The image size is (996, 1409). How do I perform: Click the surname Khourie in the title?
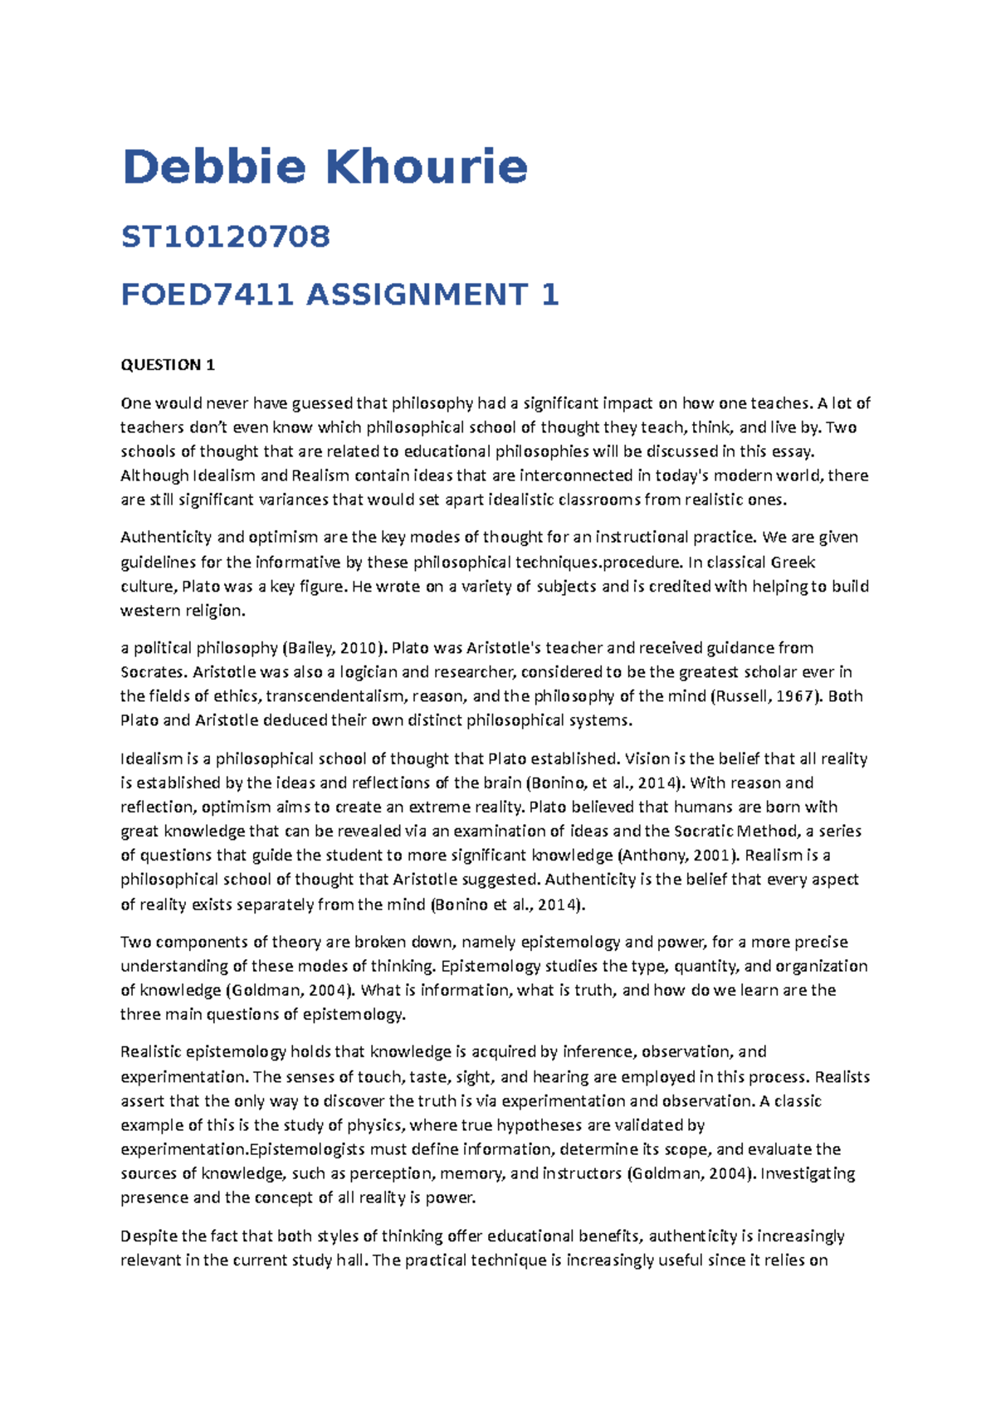(x=427, y=167)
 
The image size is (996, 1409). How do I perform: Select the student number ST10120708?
(x=226, y=237)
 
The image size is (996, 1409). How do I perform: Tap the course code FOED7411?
(x=207, y=295)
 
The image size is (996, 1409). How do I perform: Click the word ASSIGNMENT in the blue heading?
(x=417, y=295)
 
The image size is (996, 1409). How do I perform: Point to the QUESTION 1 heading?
(x=168, y=365)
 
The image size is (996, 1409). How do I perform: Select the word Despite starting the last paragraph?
(x=149, y=1236)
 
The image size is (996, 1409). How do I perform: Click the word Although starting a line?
(x=154, y=476)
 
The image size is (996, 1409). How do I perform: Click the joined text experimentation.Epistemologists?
(x=242, y=1150)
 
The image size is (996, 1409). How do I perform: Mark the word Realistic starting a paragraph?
(x=151, y=1052)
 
